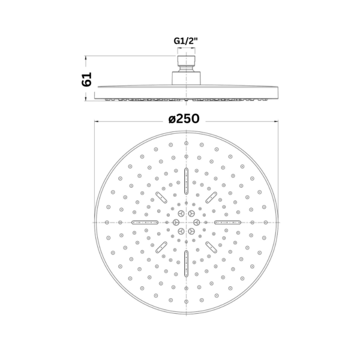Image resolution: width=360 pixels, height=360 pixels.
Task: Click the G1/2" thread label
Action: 185,41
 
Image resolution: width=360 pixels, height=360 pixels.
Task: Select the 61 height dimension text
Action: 87,79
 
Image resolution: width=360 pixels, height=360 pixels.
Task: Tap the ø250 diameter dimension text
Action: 184,119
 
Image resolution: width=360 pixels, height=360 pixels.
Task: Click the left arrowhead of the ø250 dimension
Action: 97,121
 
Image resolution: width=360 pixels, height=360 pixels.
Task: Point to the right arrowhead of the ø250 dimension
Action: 276,121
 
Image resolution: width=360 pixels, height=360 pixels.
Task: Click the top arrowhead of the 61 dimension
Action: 86,58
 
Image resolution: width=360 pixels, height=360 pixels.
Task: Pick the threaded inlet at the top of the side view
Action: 186,64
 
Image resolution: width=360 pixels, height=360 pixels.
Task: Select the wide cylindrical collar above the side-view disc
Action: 186,78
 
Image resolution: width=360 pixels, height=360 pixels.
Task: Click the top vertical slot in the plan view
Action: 186,181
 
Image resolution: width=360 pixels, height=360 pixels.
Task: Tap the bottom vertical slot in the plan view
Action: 186,263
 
